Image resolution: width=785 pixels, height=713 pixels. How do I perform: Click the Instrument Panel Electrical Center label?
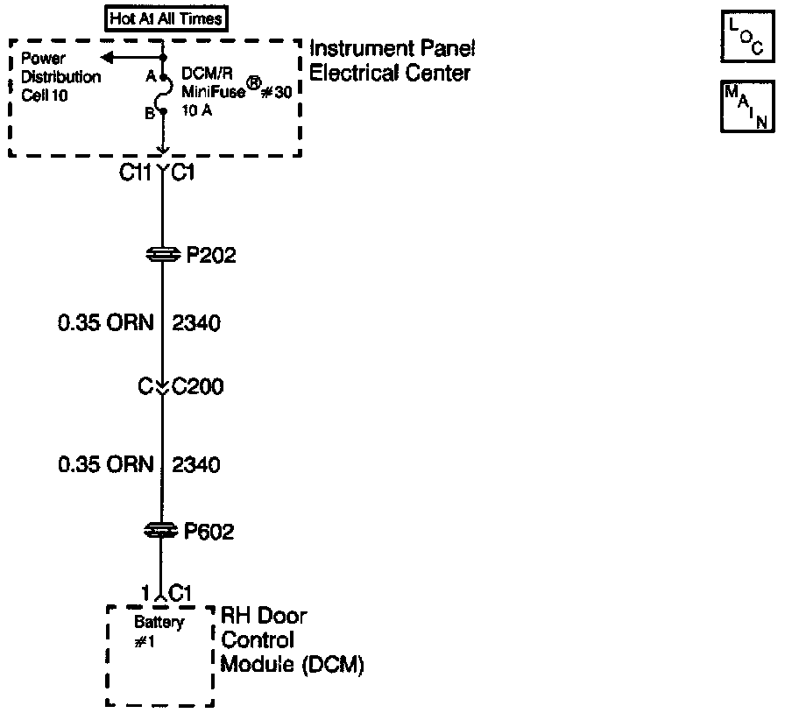point(392,61)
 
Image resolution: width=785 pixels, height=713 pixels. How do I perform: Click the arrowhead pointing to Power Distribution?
point(106,58)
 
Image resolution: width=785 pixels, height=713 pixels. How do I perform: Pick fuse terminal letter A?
point(151,76)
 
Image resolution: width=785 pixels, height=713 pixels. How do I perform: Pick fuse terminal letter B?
point(150,112)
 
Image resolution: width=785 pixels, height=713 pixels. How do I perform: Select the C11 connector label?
point(137,173)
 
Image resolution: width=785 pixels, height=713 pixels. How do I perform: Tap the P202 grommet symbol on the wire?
point(163,255)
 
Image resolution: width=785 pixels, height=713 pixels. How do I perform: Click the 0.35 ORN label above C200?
point(105,323)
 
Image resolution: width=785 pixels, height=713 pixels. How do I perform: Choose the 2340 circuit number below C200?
point(197,463)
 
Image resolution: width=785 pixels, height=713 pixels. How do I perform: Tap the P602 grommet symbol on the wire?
point(163,530)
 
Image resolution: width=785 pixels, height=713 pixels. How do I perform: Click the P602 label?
point(209,531)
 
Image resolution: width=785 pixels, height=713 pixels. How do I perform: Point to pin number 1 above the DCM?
point(146,592)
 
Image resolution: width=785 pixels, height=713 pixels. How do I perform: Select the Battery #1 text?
point(159,632)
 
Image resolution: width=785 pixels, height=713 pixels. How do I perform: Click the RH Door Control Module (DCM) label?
point(290,640)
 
